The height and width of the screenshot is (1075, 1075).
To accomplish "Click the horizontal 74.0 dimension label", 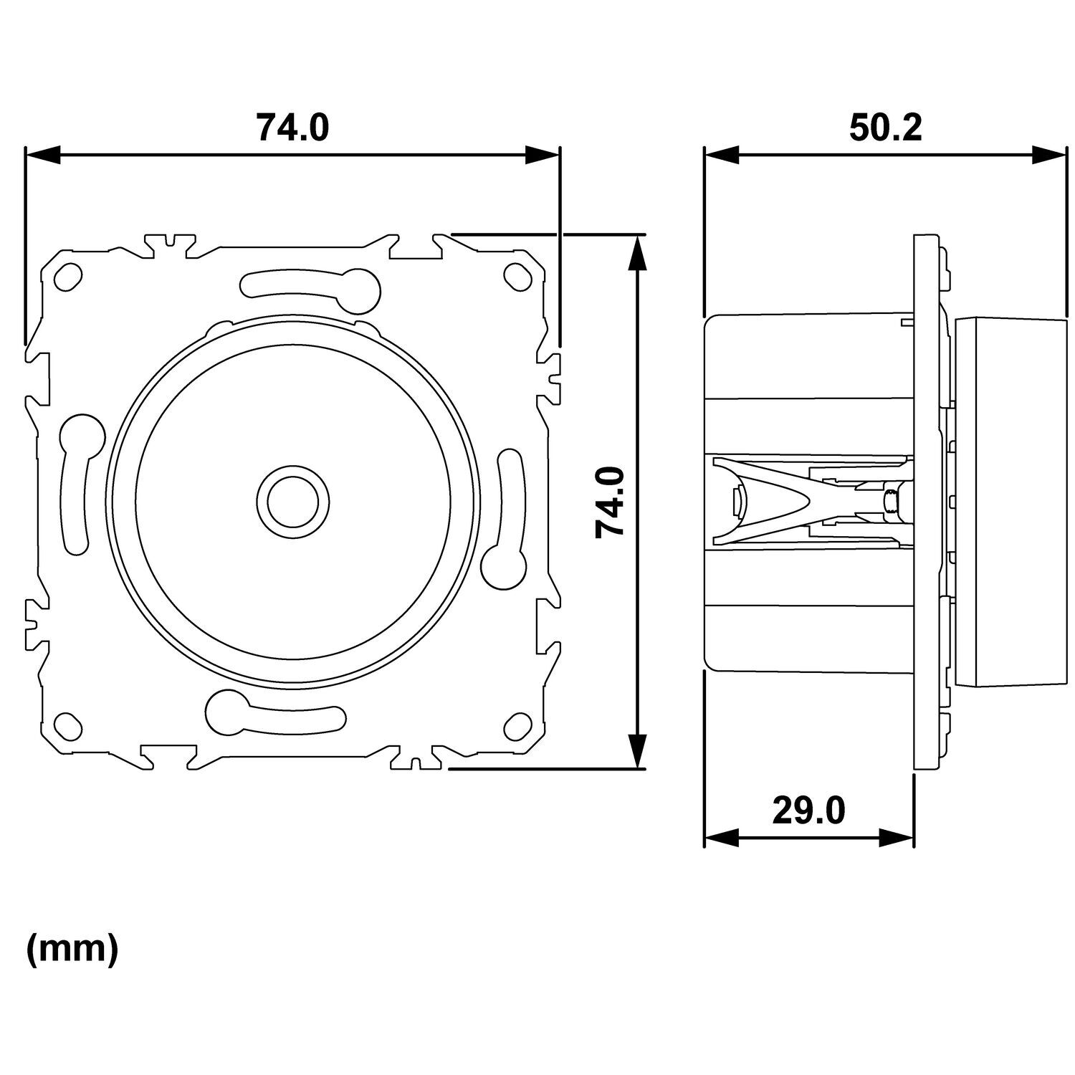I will point(292,128).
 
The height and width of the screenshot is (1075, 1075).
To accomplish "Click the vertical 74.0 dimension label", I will point(611,501).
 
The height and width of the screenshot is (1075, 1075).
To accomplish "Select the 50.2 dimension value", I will point(885,128).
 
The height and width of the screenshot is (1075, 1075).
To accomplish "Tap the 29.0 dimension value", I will point(808,811).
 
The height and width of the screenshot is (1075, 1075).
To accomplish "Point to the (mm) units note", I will point(72,950).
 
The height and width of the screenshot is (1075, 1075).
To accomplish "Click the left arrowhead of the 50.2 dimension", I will point(721,155).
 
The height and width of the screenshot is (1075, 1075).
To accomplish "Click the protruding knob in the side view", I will point(1010,501).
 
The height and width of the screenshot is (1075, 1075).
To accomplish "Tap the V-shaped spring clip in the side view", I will point(774,501).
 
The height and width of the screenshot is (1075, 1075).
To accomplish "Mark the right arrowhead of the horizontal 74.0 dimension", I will point(542,155).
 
